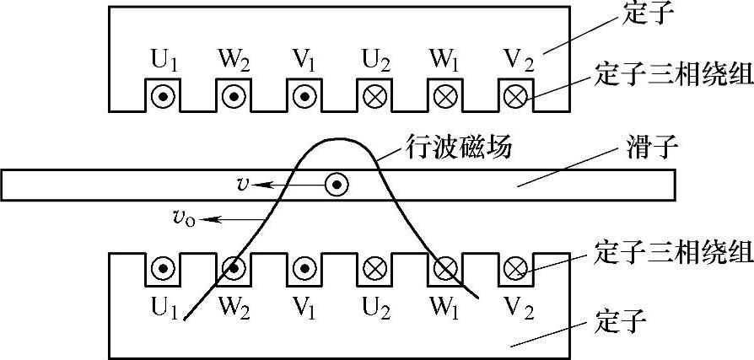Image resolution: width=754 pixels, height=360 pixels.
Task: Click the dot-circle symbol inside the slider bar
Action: [337, 184]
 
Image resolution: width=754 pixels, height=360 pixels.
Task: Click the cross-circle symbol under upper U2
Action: [374, 97]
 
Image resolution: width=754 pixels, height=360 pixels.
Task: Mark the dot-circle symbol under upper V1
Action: [303, 97]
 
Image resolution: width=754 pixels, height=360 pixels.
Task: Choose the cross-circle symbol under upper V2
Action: [514, 97]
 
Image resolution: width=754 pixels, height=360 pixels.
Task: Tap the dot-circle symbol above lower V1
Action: [303, 271]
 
